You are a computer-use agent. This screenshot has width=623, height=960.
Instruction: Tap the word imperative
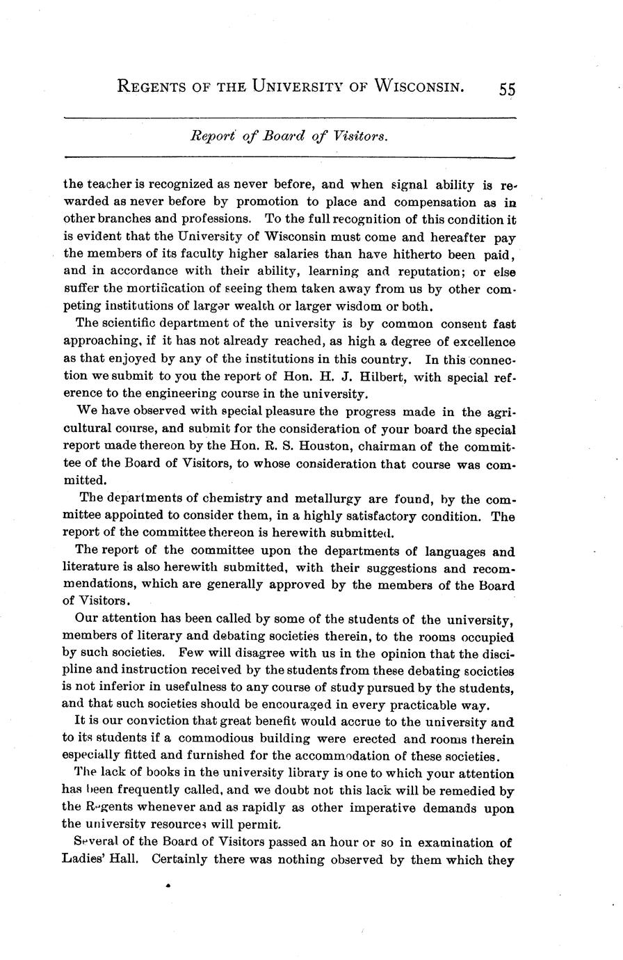point(377,808)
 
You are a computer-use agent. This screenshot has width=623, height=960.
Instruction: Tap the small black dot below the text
point(168,887)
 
